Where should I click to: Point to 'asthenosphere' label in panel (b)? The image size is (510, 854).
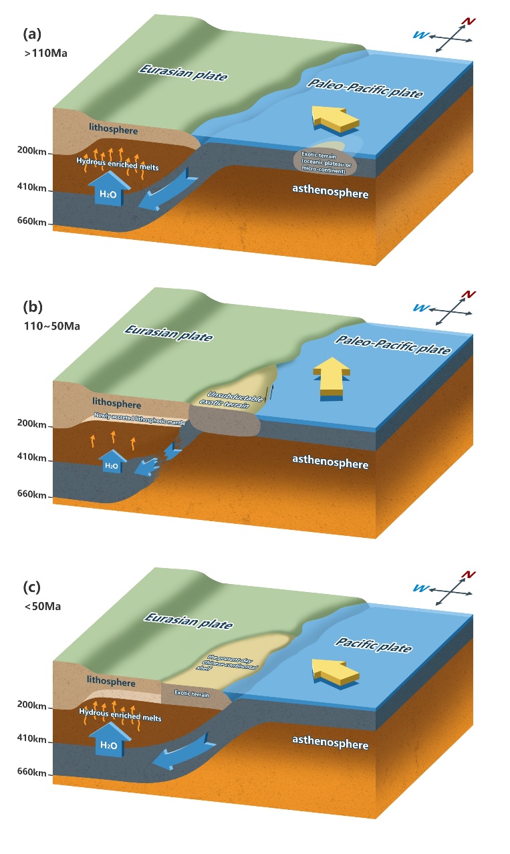(330, 462)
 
